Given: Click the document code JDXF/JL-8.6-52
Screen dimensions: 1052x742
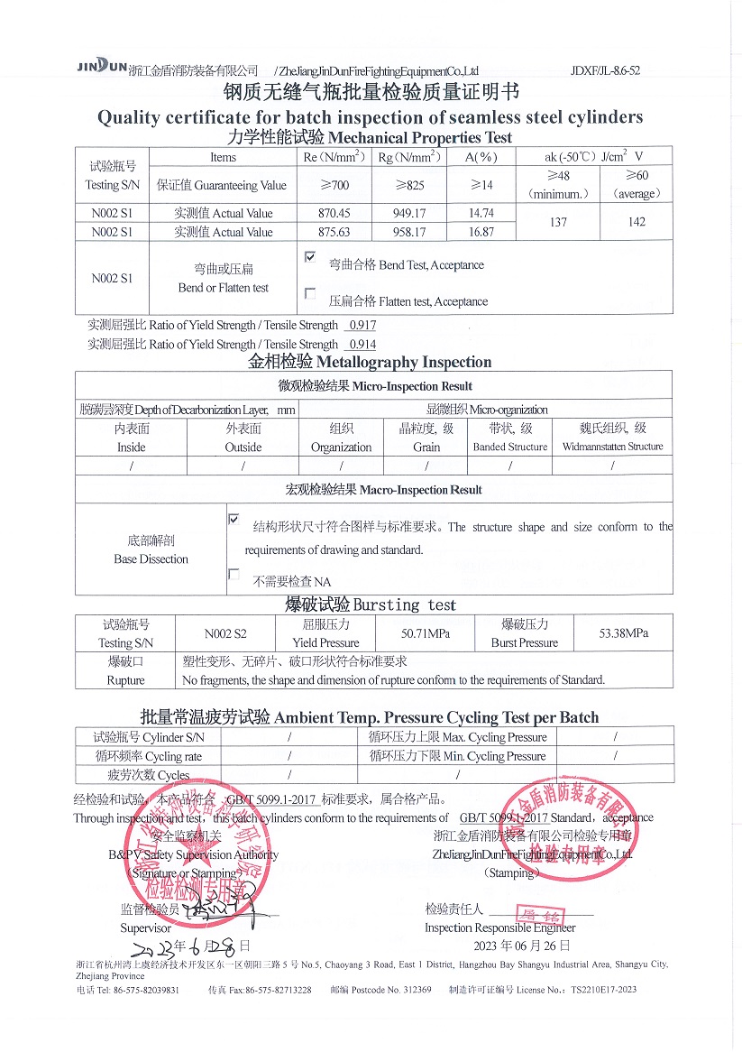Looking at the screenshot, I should pos(605,70).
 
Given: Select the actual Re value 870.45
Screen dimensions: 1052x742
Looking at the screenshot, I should pos(334,214).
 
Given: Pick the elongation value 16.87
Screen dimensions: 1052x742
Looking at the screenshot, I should pos(481,232).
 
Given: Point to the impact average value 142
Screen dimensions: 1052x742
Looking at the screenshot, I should pos(637,222).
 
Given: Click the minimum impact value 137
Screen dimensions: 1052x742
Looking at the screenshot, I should pos(558,222).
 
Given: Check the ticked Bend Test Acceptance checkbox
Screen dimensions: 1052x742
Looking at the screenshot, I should pos(310,257).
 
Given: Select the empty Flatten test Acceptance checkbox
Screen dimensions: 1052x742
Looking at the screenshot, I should pos(310,293).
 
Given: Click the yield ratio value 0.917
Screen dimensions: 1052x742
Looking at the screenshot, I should pos(362,325).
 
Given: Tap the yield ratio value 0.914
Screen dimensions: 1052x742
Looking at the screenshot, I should pos(362,344).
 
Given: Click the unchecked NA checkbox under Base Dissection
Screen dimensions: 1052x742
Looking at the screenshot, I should pos(234,574).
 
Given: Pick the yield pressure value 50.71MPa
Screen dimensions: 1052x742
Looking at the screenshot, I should pos(425,633).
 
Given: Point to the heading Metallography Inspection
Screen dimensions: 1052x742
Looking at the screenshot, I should pos(370,362).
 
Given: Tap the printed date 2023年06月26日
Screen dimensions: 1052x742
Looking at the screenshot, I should pos(522,946).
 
